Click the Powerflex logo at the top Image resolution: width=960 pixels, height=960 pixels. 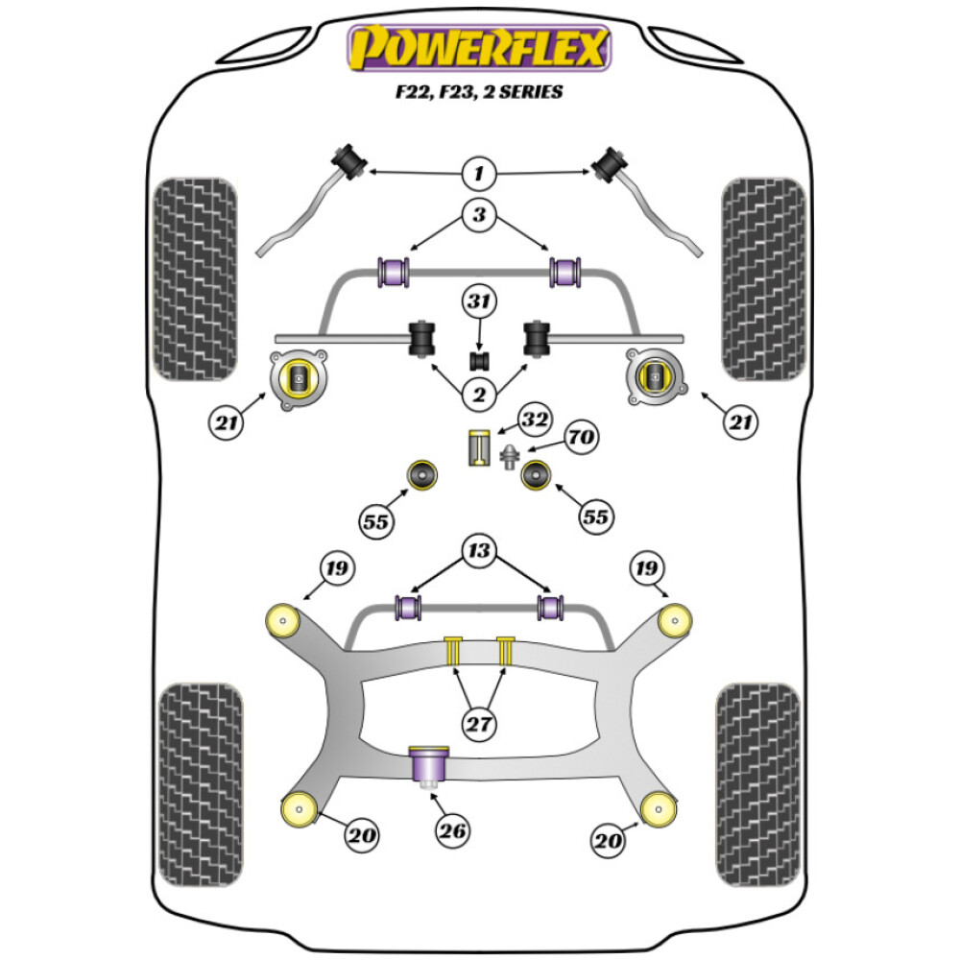479,49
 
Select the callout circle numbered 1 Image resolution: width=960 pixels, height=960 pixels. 479,174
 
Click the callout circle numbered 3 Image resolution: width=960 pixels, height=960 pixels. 479,215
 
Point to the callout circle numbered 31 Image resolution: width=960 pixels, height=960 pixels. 479,303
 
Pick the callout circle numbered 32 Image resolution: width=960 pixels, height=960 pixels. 535,420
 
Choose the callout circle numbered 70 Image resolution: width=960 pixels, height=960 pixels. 580,439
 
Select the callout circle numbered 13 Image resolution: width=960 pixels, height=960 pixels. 479,550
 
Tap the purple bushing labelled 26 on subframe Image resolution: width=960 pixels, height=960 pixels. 431,765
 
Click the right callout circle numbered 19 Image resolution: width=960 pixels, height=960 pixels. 645,569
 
